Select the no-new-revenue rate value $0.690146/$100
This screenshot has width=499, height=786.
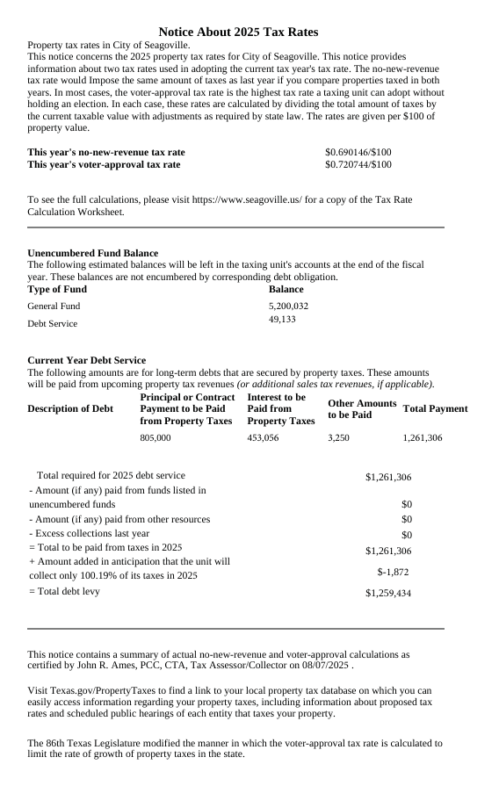click(x=358, y=152)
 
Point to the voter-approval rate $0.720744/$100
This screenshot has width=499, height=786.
click(x=358, y=164)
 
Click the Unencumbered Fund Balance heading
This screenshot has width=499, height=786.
click(x=93, y=253)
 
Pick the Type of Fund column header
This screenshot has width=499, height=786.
click(x=57, y=289)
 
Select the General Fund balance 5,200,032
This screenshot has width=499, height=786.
click(x=288, y=306)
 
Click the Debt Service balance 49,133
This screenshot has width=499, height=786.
click(x=282, y=320)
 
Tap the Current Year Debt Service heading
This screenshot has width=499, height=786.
click(x=87, y=360)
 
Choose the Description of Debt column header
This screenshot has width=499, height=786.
click(x=70, y=408)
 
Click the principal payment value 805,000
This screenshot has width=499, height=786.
click(x=155, y=437)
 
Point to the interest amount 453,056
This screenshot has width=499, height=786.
click(x=263, y=437)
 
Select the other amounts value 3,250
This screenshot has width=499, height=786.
click(x=338, y=437)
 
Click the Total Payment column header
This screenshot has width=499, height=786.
click(x=435, y=408)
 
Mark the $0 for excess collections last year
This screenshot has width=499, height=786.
click(x=406, y=535)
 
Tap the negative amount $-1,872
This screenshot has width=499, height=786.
click(x=393, y=572)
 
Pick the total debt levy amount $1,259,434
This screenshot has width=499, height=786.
click(x=388, y=594)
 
